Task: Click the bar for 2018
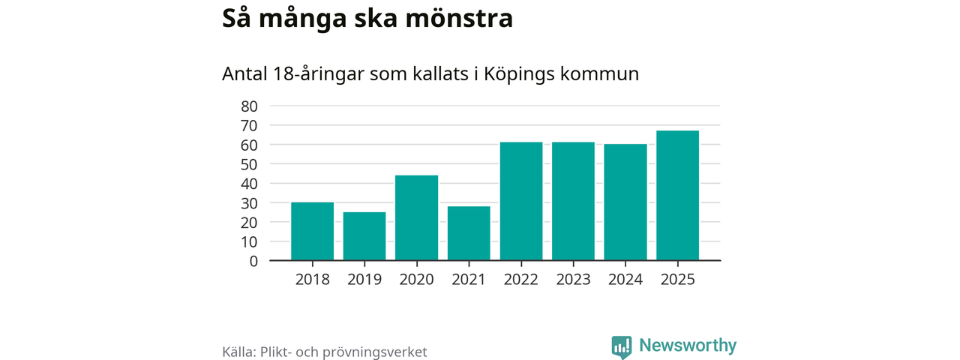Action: [312, 232]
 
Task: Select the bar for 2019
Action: [364, 236]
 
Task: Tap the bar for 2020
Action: [416, 218]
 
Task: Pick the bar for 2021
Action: [469, 233]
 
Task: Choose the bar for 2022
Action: [521, 202]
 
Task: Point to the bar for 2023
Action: [573, 202]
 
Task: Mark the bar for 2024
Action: [625, 202]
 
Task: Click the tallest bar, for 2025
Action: [677, 196]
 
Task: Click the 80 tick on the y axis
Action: [249, 106]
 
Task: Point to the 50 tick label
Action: [249, 164]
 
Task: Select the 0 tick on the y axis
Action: [253, 261]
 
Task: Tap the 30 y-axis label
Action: [249, 203]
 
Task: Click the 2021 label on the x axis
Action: [469, 280]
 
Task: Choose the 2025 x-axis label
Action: [677, 280]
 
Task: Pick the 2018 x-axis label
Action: [312, 280]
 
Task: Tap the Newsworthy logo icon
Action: [621, 346]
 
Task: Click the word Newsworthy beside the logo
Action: [688, 346]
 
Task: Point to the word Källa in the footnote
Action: [240, 352]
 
